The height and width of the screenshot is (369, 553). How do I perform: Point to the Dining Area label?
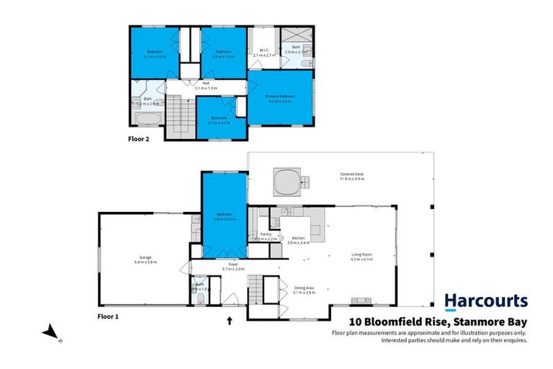click(305, 288)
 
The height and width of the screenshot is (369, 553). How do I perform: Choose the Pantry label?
click(265, 234)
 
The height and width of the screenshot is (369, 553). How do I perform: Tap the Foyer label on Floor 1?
click(233, 264)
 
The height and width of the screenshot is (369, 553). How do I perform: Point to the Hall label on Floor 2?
click(206, 83)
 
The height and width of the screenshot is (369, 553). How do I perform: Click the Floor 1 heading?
click(107, 316)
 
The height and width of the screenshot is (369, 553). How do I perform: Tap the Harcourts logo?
click(485, 301)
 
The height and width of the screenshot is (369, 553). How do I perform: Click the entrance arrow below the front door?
click(230, 321)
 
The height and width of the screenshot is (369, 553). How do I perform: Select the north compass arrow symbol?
click(49, 332)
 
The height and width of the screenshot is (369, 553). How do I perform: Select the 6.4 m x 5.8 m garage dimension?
click(145, 262)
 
